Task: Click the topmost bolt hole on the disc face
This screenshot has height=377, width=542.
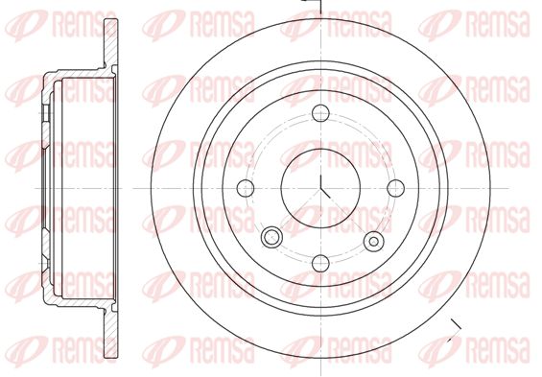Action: [x=320, y=113]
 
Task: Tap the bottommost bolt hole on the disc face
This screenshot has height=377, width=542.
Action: [x=320, y=263]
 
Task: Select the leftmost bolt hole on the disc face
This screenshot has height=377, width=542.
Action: [x=246, y=188]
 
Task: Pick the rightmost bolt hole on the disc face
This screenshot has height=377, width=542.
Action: [x=396, y=188]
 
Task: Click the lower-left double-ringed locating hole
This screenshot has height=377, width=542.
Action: [x=271, y=237]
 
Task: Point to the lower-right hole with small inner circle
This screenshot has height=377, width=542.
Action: [x=374, y=241]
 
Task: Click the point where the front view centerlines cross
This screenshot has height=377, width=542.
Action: [x=320, y=188]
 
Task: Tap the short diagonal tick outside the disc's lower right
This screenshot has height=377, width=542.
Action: [x=457, y=325]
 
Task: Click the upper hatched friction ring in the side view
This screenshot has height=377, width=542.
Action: [x=111, y=43]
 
